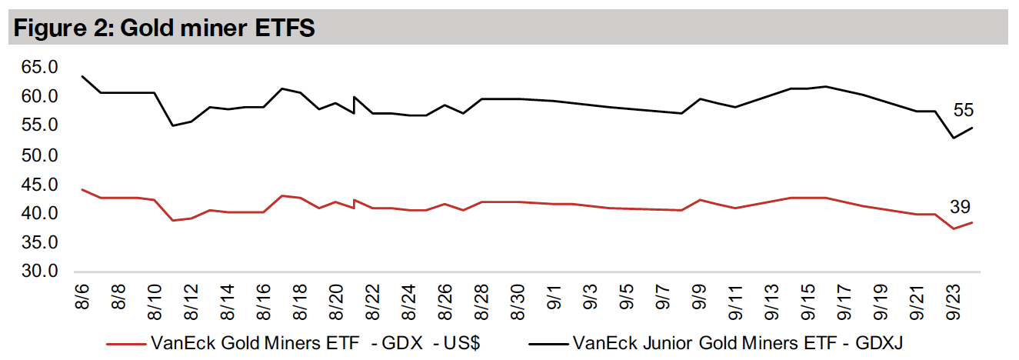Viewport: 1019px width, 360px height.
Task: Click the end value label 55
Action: pos(964,111)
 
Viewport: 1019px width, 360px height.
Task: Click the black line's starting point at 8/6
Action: pos(82,76)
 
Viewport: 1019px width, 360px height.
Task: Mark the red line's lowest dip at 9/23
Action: pos(954,228)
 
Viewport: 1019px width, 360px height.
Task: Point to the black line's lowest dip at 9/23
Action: pos(954,138)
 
